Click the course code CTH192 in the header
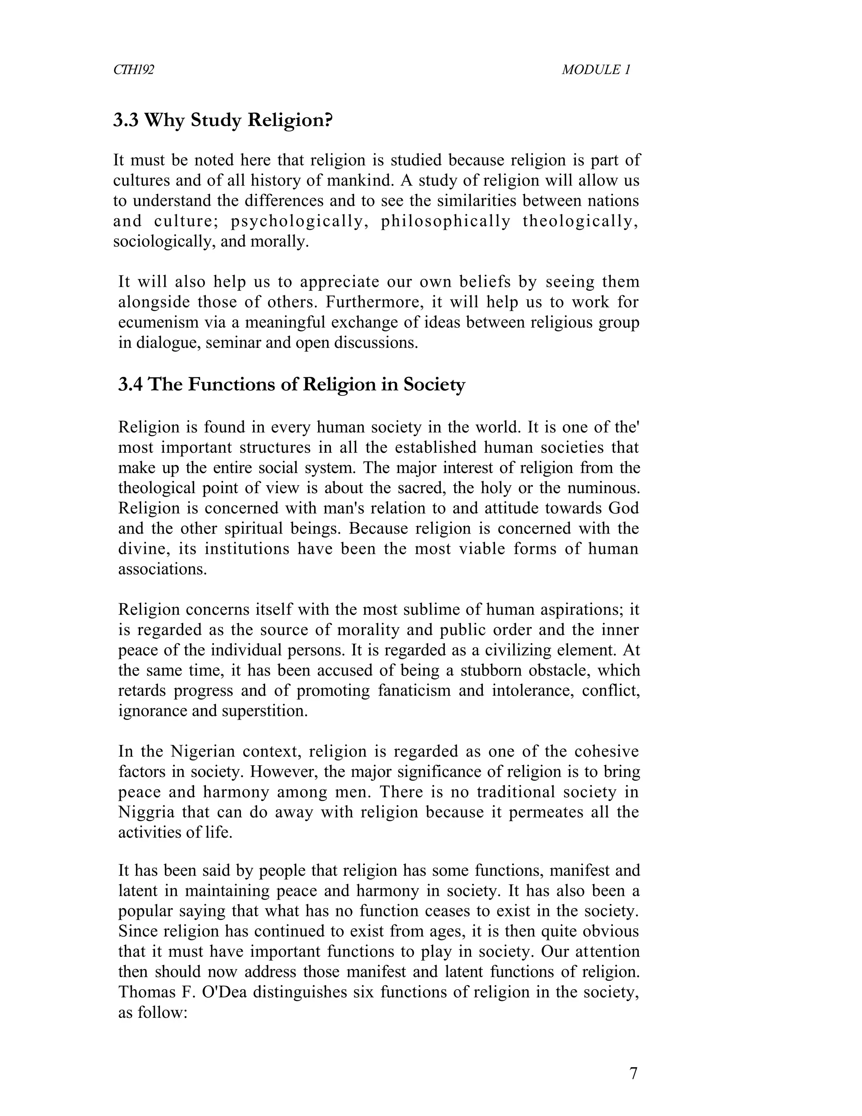coord(133,69)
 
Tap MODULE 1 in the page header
coord(596,69)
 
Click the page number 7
coord(633,1073)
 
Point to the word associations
coord(162,569)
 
